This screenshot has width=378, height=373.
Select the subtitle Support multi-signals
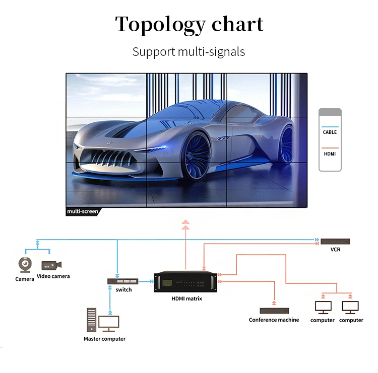pos(188,51)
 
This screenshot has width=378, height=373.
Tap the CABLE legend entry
pos(330,132)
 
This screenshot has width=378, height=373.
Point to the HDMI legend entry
pos(330,154)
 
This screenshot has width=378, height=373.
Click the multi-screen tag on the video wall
pos(82,211)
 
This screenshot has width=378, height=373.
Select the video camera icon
pos(51,265)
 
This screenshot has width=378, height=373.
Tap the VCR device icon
pos(335,242)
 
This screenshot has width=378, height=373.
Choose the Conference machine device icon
pos(274,311)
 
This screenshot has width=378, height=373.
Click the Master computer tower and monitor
pos(103,321)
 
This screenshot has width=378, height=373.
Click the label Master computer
pos(104,339)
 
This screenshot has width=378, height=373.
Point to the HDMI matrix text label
pos(186,299)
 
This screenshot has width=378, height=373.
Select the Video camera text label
pos(53,276)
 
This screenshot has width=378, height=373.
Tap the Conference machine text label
pos(274,320)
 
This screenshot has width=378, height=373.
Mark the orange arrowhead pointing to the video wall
pos(185,222)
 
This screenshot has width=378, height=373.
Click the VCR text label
pos(335,250)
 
